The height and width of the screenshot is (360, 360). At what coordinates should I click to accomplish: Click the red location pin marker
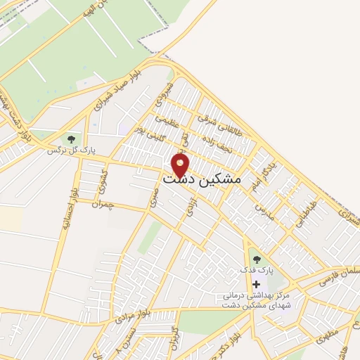tap(181, 166)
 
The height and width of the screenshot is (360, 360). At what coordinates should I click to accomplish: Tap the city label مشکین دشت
tap(201, 180)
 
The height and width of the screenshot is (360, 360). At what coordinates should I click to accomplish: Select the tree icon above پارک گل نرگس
tap(71, 139)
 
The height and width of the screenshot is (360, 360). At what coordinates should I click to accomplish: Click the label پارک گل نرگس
tap(71, 150)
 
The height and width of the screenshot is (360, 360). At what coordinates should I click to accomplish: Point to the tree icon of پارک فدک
tap(255, 259)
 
